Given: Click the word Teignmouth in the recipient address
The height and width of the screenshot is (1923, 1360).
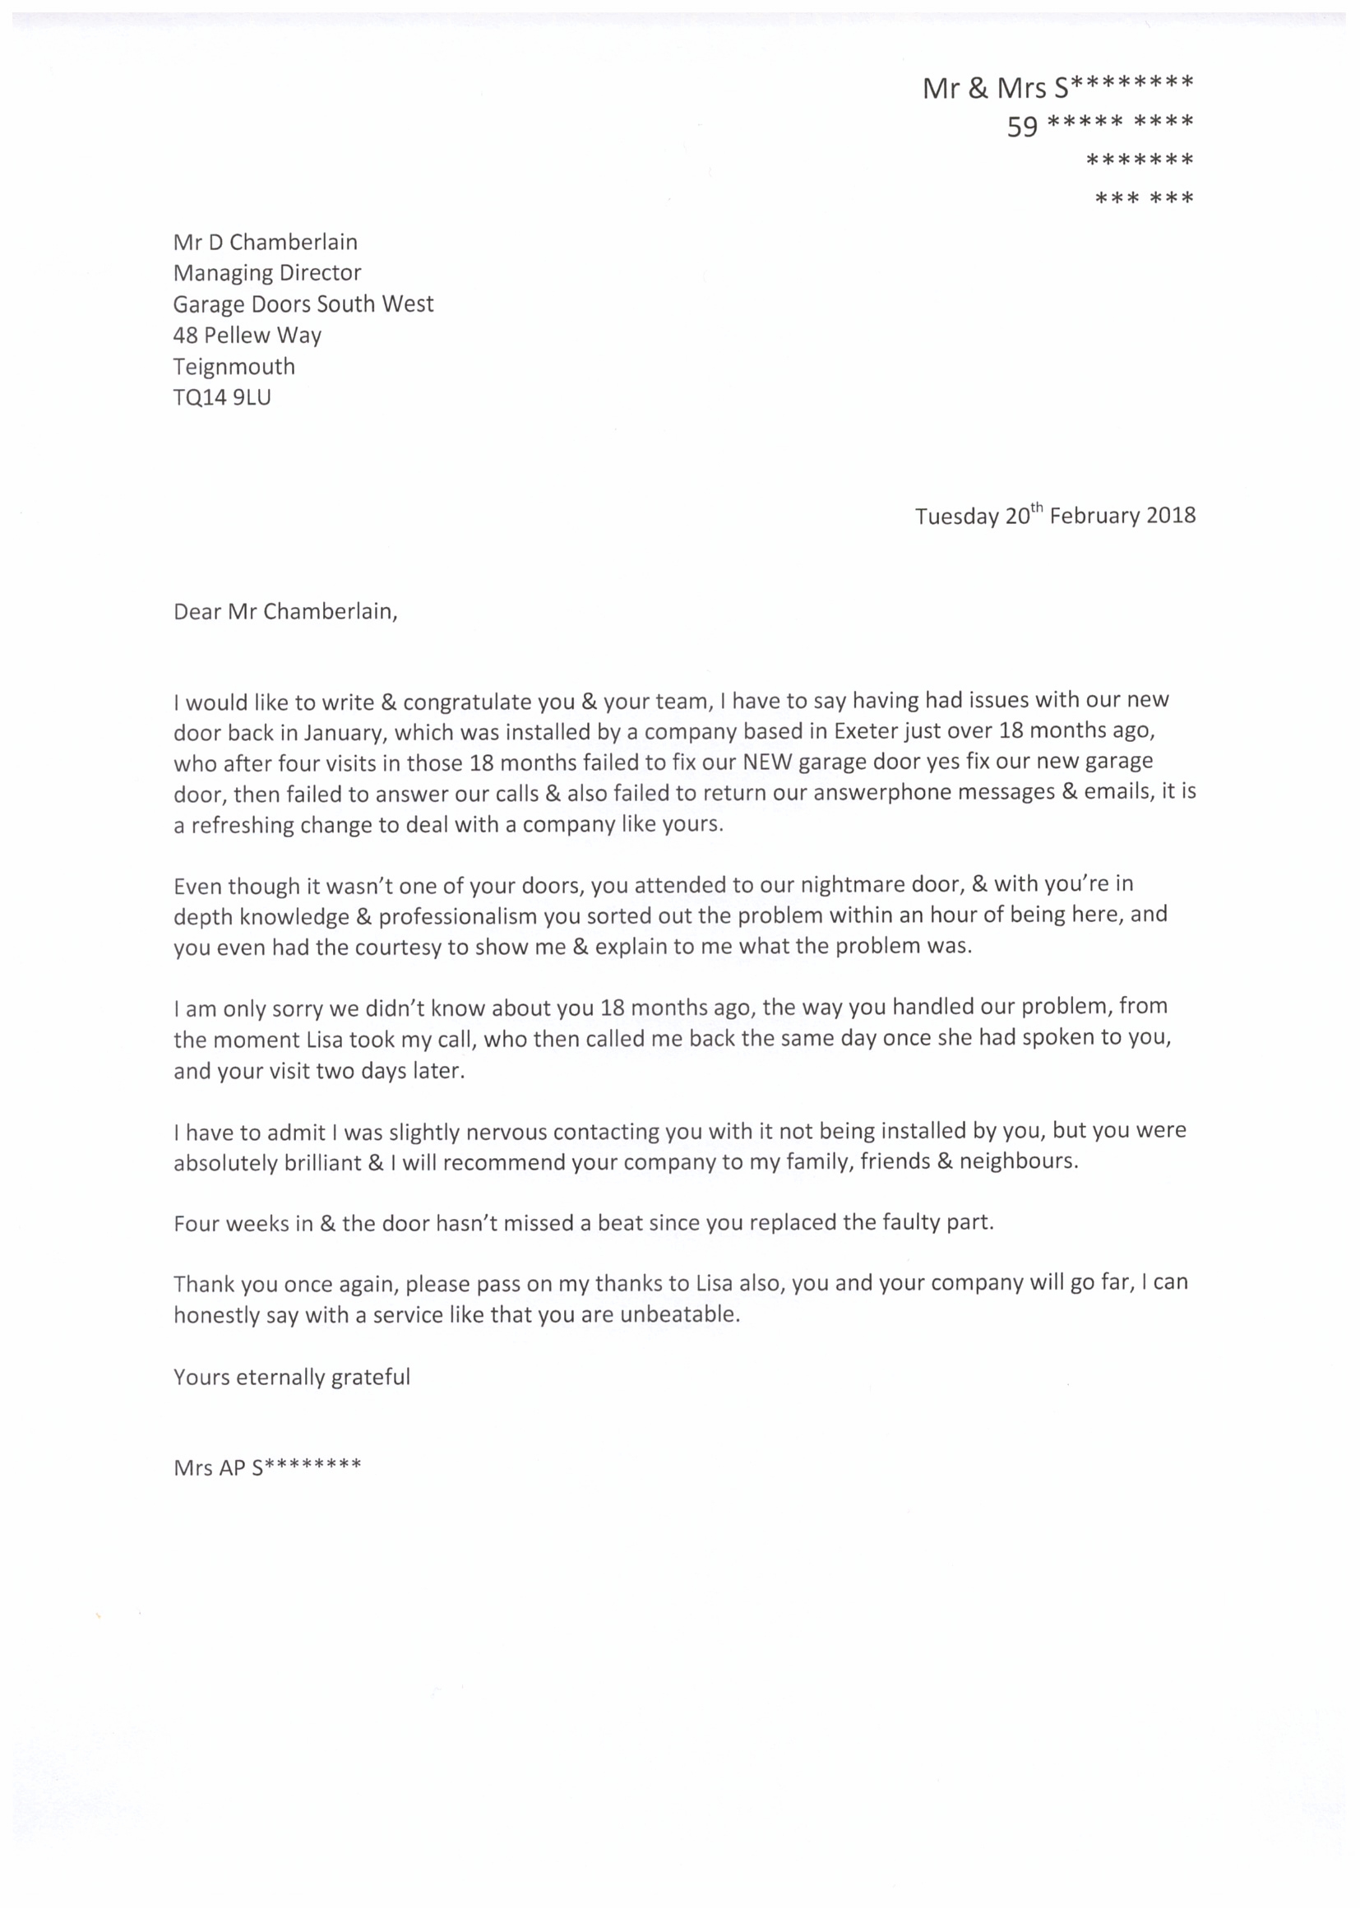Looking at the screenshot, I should (234, 367).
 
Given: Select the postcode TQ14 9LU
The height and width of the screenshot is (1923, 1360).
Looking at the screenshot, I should (222, 397).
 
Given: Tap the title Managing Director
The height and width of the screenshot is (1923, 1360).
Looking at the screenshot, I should (267, 273).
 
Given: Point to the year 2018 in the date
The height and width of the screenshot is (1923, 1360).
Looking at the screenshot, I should (1171, 515).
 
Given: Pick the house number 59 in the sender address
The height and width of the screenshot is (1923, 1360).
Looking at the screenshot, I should (1022, 127).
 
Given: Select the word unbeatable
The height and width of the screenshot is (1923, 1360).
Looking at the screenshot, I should (679, 1314).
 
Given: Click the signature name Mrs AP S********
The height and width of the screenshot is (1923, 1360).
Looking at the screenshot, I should (267, 1467).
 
